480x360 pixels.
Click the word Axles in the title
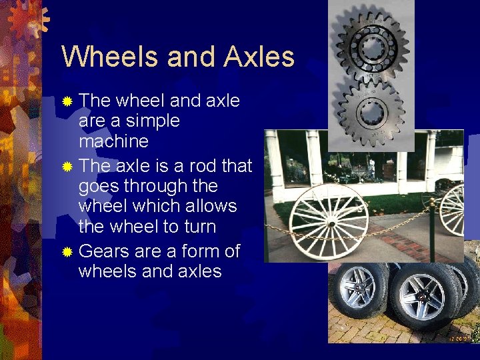[259, 57]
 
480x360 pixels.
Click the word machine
[113, 142]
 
